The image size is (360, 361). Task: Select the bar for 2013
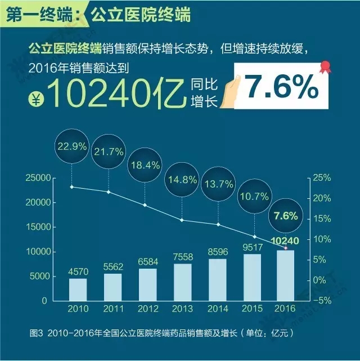point(183,282)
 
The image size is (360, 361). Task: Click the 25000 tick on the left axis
point(39,178)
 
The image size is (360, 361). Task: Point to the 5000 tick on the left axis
point(41,276)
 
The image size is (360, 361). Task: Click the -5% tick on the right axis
point(321,300)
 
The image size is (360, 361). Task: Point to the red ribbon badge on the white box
point(324,68)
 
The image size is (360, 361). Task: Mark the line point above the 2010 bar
point(72,186)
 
